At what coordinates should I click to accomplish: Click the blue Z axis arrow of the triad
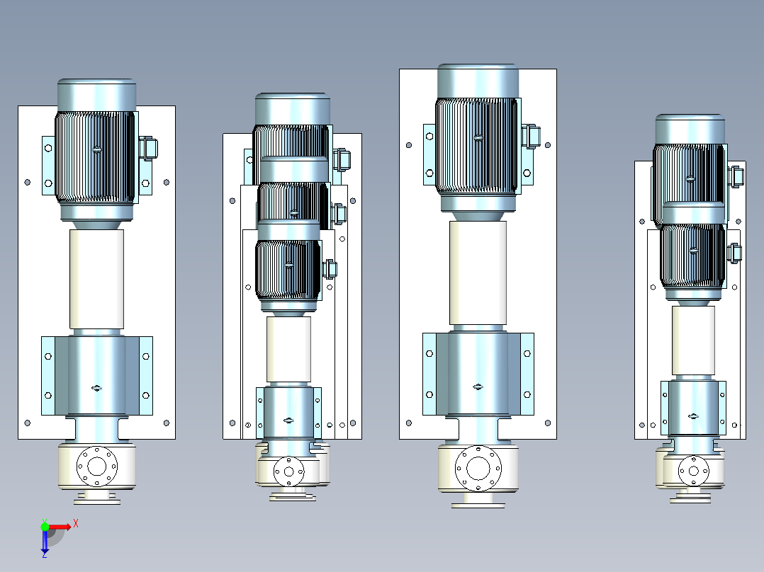pos(45,542)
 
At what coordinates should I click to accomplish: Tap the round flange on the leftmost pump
pos(97,466)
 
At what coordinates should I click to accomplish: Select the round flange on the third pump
pos(478,469)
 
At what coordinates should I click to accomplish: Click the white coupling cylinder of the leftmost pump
pos(96,280)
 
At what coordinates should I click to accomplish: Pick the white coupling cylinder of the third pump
pos(478,273)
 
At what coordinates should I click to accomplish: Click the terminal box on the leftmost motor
pos(148,149)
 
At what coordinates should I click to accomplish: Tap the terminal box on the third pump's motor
pos(531,137)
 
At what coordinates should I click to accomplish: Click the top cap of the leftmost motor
pos(96,96)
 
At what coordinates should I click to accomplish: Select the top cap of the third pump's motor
pos(478,81)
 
